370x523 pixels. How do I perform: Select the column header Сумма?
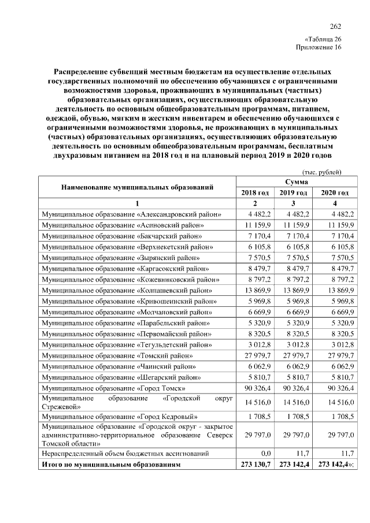click(292, 182)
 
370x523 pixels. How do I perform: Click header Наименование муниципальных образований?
click(138, 187)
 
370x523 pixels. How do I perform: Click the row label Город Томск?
click(113, 388)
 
